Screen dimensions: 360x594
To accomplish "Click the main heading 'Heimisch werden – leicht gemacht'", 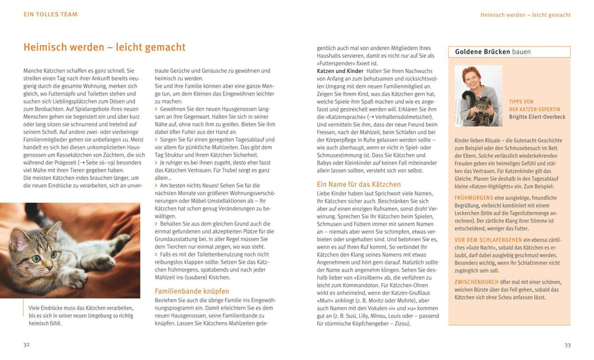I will click(105, 47).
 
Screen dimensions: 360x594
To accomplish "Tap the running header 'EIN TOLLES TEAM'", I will click(51, 14).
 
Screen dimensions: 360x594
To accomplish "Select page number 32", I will click(26, 345).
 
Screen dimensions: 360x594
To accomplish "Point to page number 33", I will click(568, 345).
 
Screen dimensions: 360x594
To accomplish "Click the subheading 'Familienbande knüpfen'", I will click(192, 291).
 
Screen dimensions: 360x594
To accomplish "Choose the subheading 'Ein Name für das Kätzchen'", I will click(359, 184).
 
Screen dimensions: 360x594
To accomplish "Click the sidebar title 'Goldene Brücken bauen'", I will click(493, 52).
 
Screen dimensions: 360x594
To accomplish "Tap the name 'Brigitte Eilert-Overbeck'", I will click(537, 117).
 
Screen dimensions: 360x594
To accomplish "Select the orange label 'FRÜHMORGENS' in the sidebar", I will click(474, 197).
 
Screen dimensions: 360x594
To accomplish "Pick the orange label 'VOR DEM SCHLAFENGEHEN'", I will click(488, 240).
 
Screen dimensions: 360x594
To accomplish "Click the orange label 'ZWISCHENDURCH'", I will click(476, 282).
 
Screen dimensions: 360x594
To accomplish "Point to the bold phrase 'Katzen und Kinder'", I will click(340, 71).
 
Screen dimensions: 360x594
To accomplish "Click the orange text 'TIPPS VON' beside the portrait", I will click(522, 102).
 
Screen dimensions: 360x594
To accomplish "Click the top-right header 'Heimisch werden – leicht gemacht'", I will click(525, 15).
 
